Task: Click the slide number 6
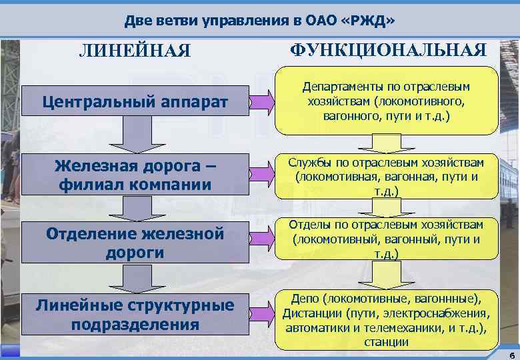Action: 510,353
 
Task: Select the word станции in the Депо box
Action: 387,343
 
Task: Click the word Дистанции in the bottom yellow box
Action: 310,313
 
